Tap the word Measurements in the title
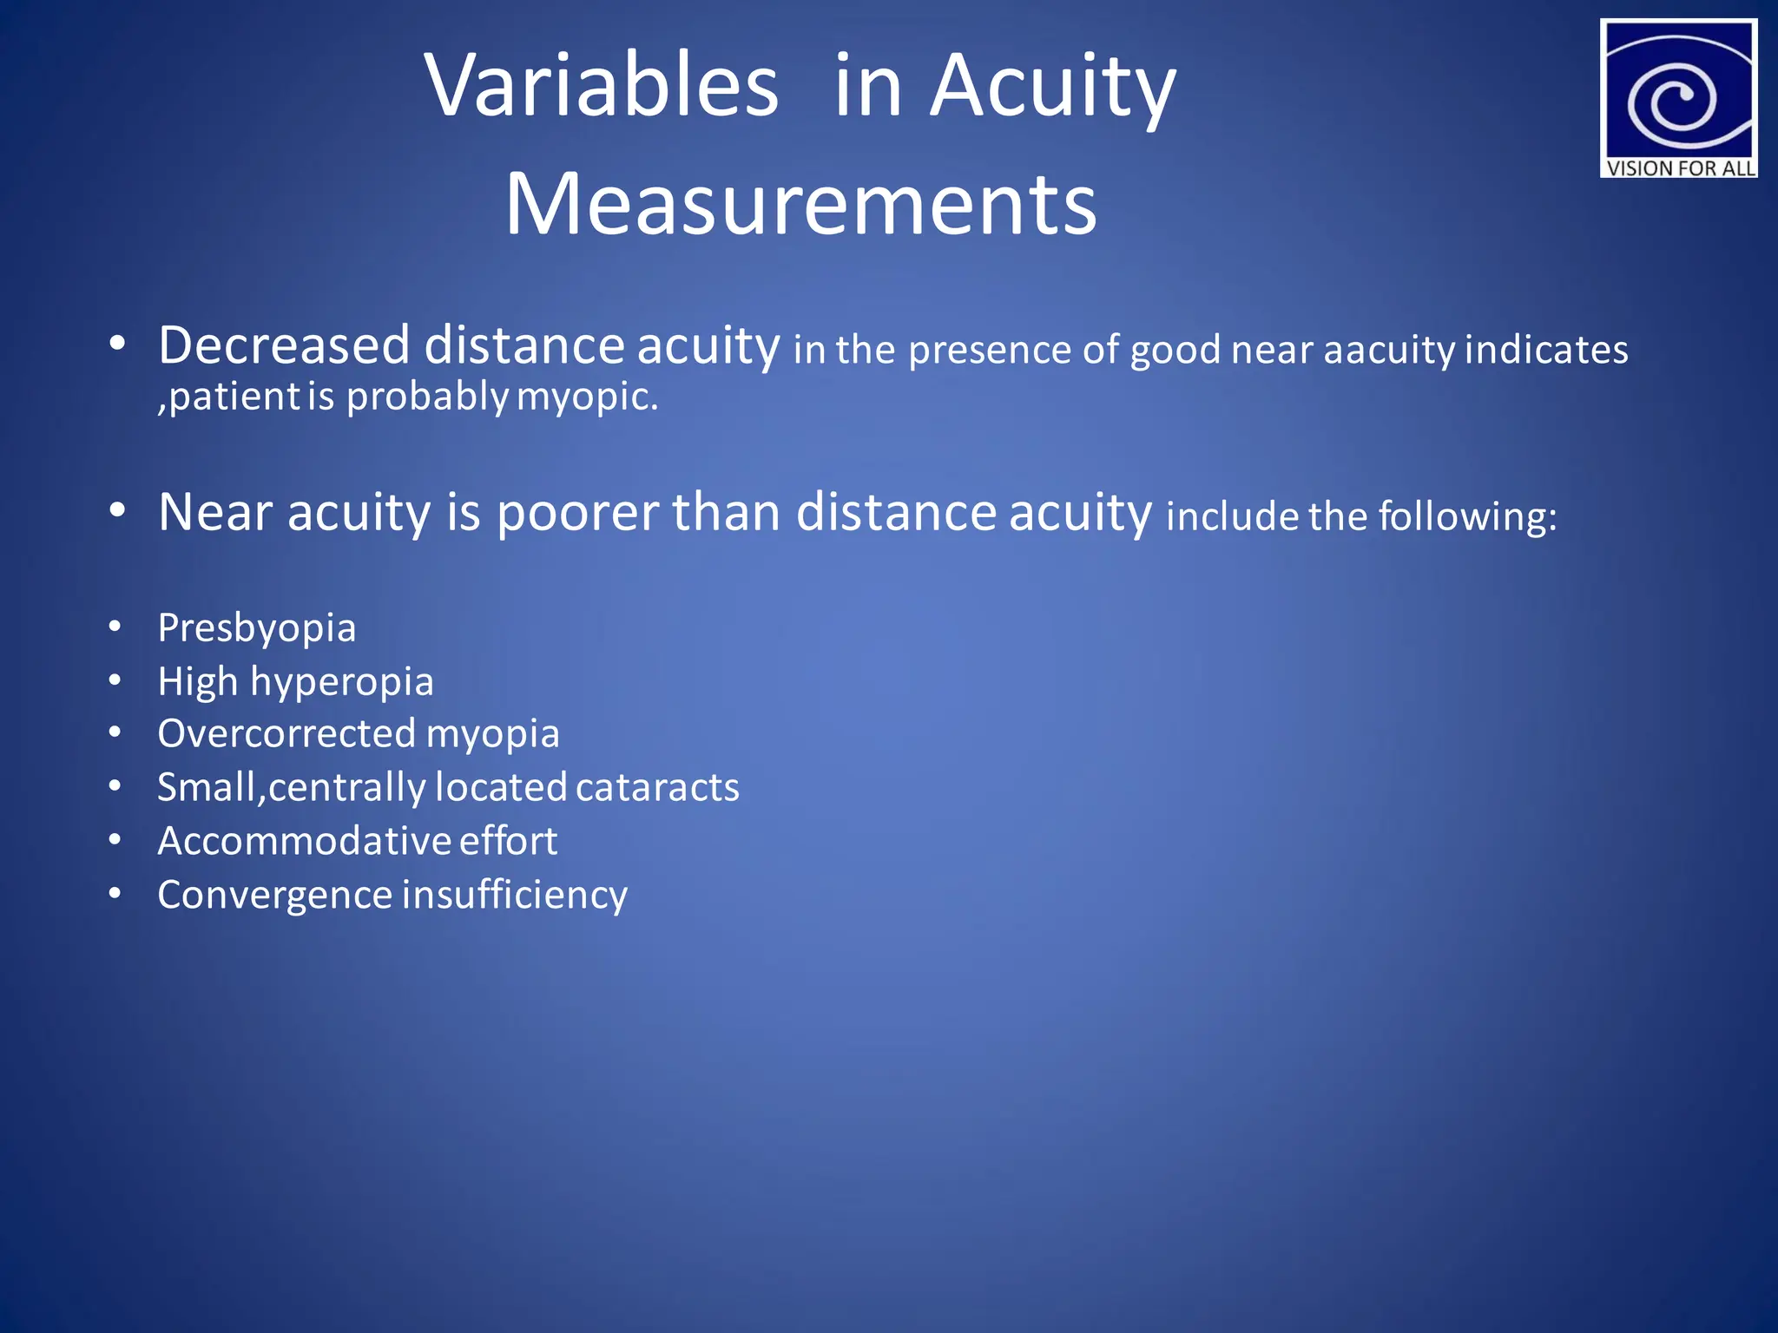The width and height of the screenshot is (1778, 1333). click(x=800, y=204)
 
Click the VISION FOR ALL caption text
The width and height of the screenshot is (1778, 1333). click(x=1680, y=167)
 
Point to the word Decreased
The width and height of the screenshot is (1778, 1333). click(x=284, y=345)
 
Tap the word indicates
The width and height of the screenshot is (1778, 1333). click(x=1546, y=350)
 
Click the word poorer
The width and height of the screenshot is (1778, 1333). click(x=577, y=512)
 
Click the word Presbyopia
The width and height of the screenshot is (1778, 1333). click(x=257, y=628)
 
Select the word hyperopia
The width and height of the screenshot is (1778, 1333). click(x=342, y=682)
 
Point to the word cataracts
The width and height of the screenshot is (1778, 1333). click(x=657, y=787)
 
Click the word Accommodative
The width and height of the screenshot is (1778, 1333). click(x=303, y=841)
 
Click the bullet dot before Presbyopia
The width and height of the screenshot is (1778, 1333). click(x=115, y=626)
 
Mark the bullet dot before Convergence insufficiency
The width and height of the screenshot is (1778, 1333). click(x=115, y=892)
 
